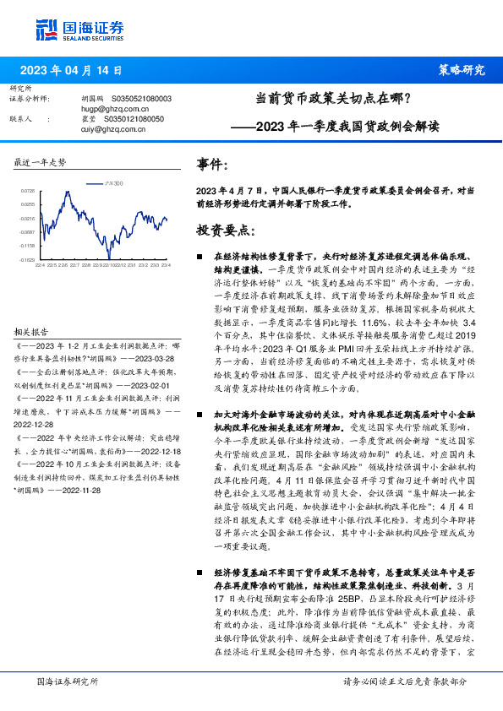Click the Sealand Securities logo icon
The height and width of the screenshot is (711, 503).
point(47,30)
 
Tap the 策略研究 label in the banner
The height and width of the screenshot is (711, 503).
point(461,70)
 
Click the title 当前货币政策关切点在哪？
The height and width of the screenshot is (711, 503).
point(333,98)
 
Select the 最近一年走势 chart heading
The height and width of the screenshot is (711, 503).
point(41,161)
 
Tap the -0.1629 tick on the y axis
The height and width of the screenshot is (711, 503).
point(28,260)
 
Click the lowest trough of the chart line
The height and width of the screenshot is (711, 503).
point(108,257)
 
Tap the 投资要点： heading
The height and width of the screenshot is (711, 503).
point(225,230)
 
